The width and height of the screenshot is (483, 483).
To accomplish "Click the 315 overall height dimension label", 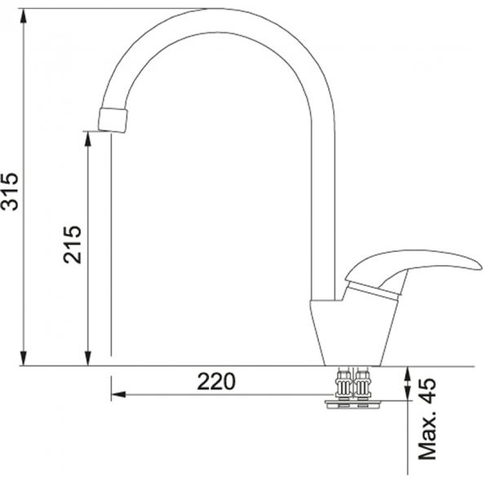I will tap(11, 191).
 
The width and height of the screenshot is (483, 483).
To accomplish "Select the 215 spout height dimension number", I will tap(73, 244).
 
